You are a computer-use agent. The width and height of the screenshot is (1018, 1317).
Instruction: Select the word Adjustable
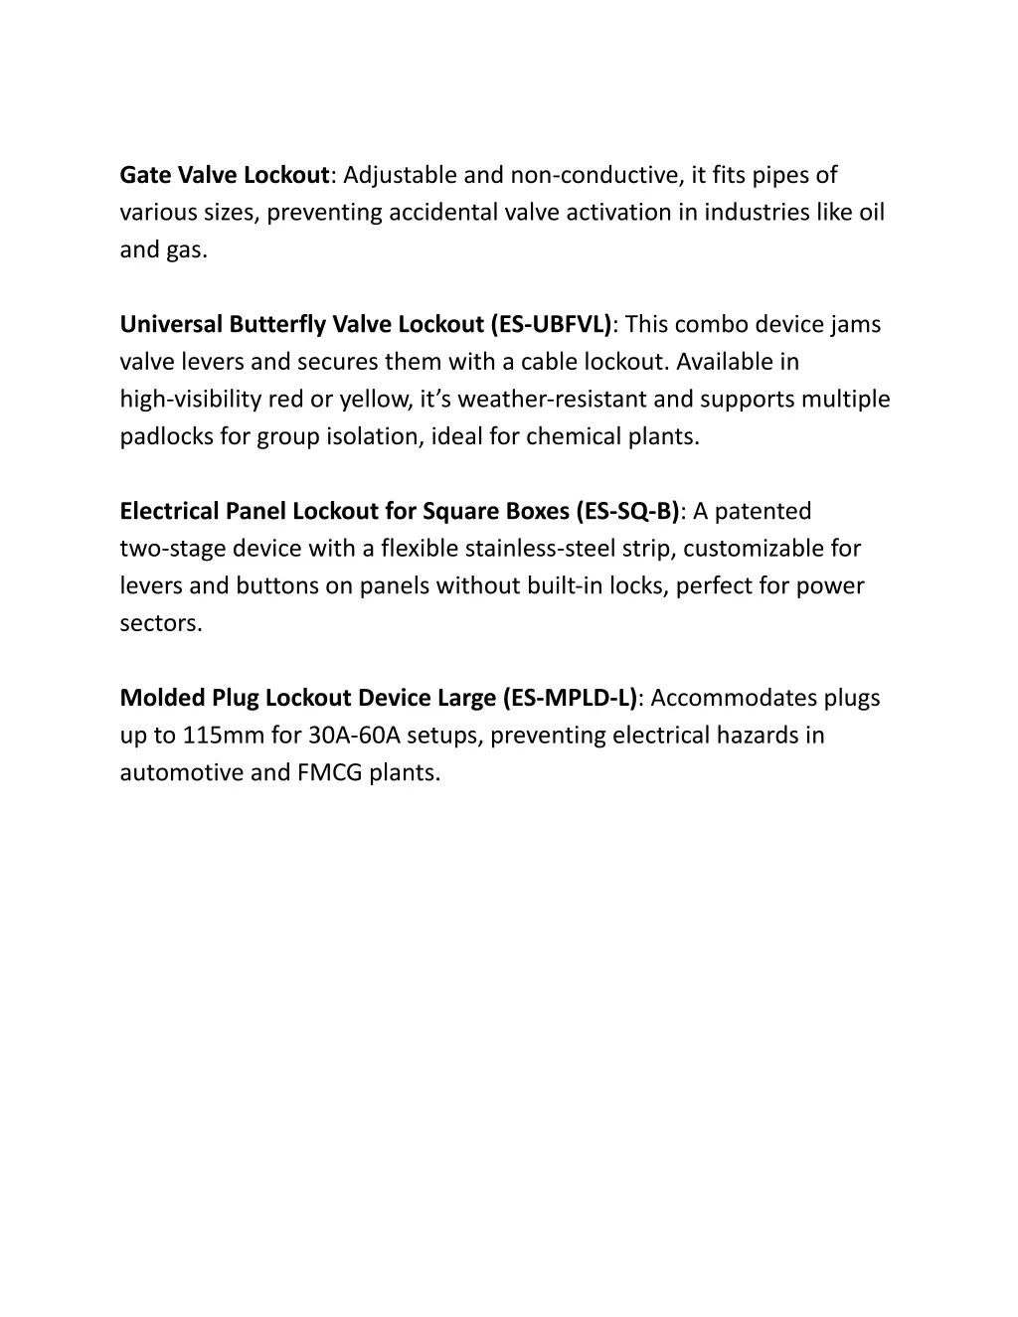coord(400,176)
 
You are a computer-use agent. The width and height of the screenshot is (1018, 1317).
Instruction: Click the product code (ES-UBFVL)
coord(552,325)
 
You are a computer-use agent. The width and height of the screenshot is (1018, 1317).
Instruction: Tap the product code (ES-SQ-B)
coord(628,512)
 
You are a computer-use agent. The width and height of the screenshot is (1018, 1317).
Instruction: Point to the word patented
coord(763,512)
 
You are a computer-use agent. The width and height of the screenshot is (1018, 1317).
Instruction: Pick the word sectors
coord(160,623)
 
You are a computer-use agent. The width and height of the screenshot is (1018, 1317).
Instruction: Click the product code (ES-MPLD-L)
coord(573,698)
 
